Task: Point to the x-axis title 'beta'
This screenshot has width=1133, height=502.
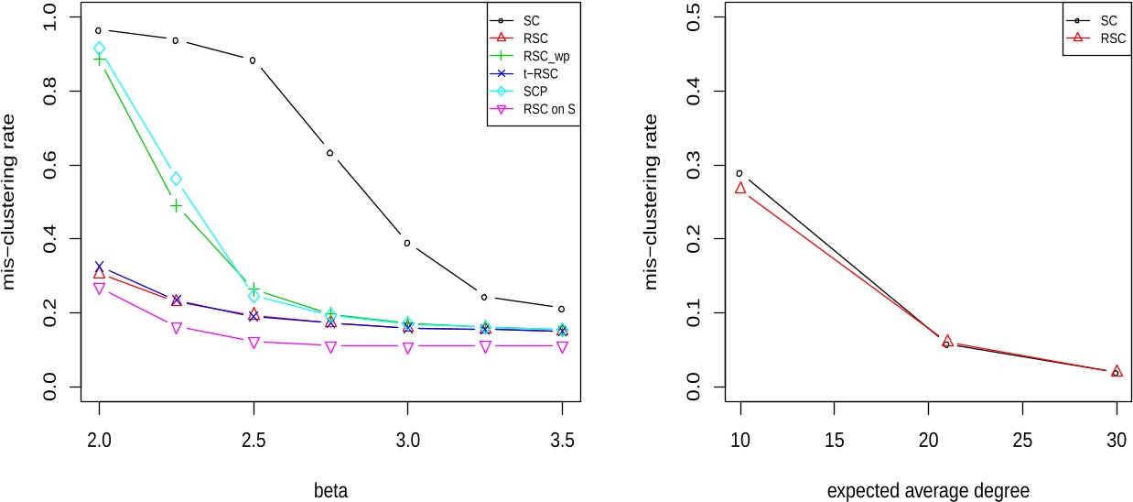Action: [x=331, y=490]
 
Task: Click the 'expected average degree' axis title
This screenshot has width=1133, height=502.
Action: [x=928, y=490]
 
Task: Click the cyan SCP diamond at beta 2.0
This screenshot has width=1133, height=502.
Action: [x=99, y=48]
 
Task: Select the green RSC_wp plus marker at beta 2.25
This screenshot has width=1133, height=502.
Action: [x=176, y=206]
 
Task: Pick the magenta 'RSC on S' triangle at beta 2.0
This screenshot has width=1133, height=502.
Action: [x=99, y=289]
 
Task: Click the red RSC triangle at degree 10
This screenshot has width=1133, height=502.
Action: [x=739, y=188]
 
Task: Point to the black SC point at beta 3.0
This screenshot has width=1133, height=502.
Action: [x=407, y=243]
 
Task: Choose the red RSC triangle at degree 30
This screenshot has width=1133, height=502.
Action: [x=1116, y=371]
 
